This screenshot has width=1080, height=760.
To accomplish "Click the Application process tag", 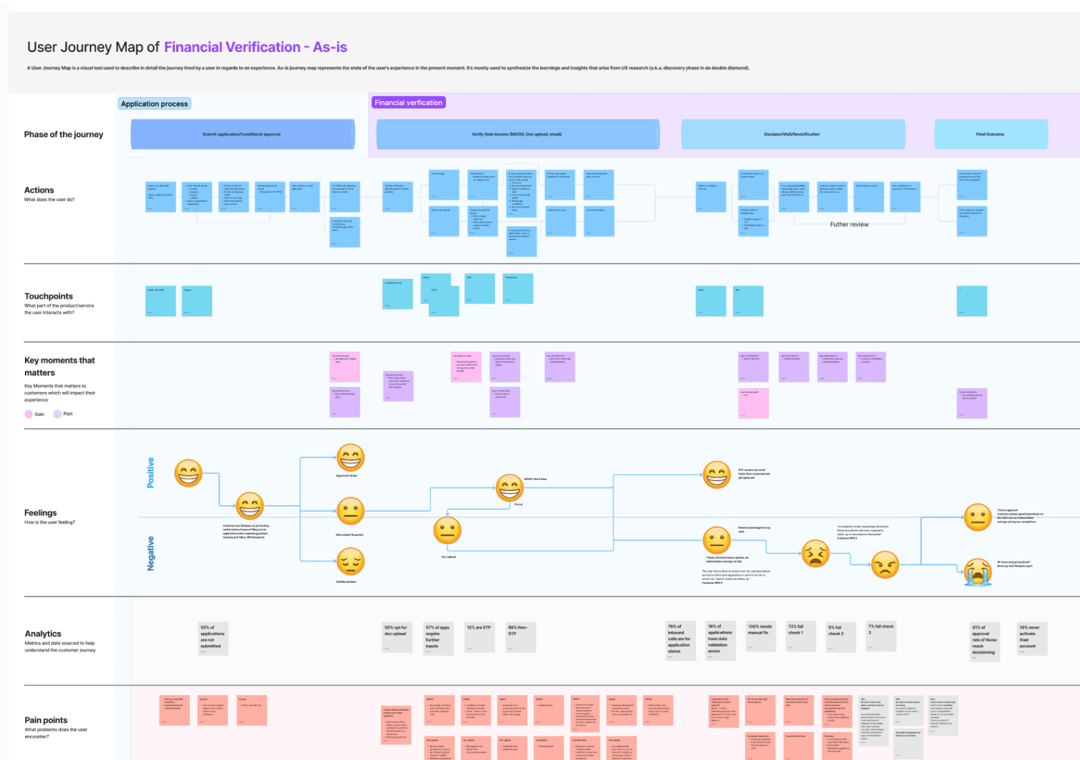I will point(155,104).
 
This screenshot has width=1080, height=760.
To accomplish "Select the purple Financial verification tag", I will point(408,103).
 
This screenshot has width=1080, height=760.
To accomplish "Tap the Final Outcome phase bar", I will point(990,134).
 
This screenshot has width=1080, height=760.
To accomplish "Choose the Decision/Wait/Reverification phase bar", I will point(792,134).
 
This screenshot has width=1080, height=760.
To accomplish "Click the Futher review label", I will point(849,225).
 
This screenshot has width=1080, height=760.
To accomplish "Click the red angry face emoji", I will point(884,565).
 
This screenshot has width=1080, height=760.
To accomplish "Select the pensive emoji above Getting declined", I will point(350,562).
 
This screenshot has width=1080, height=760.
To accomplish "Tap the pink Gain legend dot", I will point(28,414).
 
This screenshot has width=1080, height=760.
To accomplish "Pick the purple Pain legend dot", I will point(57,414).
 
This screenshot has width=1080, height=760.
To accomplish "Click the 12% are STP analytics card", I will point(479,637).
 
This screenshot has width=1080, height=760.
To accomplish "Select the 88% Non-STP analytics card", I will point(520,637).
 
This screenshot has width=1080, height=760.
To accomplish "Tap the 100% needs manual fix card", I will point(760,636).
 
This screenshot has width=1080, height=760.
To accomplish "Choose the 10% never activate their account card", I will point(1032,639).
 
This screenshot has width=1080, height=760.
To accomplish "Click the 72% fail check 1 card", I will point(801,636).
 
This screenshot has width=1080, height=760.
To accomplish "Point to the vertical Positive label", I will point(151,472).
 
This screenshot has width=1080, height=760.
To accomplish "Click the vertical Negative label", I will point(151,553).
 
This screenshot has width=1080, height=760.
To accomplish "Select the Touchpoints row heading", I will point(49,296).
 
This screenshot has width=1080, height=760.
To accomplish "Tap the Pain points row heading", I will point(46,720).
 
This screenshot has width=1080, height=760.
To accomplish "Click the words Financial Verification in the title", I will point(232,47).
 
